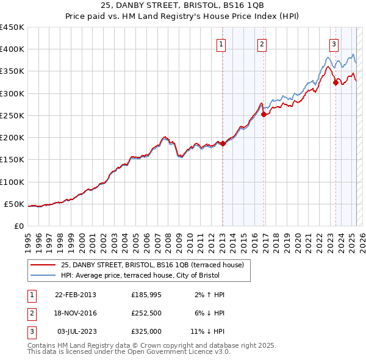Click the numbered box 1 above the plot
point(220,43)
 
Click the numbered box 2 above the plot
point(261,43)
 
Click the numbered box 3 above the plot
point(334,43)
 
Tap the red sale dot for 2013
point(223,143)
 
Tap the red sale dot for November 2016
point(264,114)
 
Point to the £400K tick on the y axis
point(12,49)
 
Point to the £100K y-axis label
point(12,182)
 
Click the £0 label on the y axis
point(18,226)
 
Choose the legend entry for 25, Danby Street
point(152,265)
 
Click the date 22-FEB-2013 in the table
point(75,295)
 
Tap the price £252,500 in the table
point(146,312)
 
